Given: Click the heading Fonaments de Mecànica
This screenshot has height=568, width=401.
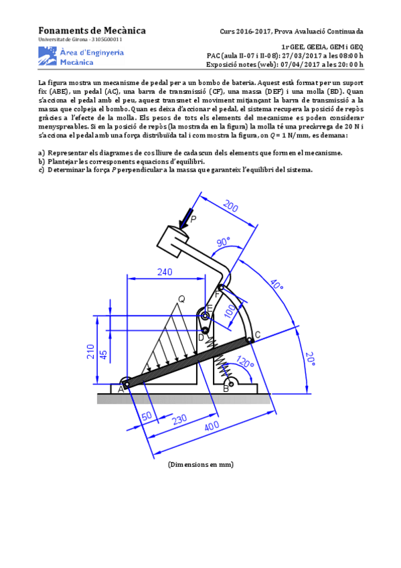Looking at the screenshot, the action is (x=92, y=30).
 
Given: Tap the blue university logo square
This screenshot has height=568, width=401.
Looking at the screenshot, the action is (x=48, y=56).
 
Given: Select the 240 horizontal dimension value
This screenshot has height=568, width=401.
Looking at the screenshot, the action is (x=165, y=272).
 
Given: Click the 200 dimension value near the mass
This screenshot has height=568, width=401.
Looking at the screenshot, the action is (x=230, y=206).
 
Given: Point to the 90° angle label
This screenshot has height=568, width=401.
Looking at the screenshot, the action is (x=224, y=242).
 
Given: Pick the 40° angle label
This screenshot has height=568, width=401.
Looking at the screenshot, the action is (x=276, y=285).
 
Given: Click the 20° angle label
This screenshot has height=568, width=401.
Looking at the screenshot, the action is (x=310, y=358).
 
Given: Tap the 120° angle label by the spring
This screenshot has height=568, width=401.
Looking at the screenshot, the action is (x=245, y=362).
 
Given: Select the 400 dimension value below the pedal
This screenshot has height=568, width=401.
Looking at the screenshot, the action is (x=212, y=425).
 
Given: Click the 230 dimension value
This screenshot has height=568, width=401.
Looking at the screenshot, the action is (x=179, y=419).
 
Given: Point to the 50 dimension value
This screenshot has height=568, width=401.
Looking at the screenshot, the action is (x=147, y=416).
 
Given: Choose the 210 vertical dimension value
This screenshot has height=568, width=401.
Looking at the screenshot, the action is (x=90, y=352).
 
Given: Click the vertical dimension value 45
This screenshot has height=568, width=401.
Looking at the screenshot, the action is (x=103, y=354).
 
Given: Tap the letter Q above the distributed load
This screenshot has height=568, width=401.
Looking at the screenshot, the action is (x=181, y=299).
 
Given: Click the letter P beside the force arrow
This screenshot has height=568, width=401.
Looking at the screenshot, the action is (x=193, y=219).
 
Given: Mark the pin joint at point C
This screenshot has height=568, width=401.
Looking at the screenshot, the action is (x=249, y=340).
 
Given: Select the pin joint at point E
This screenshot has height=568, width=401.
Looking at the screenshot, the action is (x=205, y=316).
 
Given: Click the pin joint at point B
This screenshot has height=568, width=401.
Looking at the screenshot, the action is (x=232, y=382).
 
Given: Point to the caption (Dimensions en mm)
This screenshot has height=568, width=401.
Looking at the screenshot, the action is (x=201, y=464).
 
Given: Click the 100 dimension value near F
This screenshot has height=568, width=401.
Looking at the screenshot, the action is (x=230, y=311).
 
